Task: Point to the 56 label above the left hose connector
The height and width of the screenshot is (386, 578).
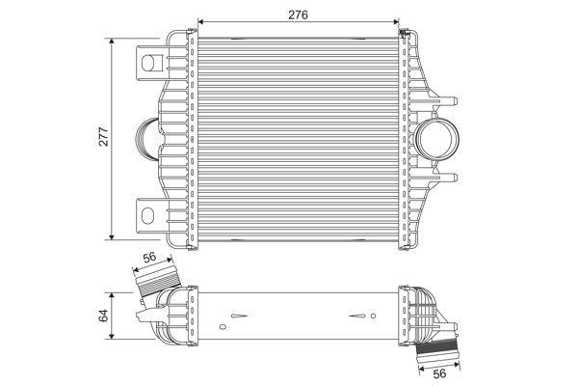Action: coord(150,259)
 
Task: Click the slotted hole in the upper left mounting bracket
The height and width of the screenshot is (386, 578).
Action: coord(150,65)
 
